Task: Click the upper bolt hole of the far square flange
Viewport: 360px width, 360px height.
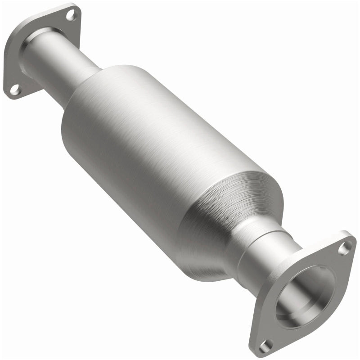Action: tap(71, 15)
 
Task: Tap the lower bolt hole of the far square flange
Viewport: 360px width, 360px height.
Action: tap(15, 90)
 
